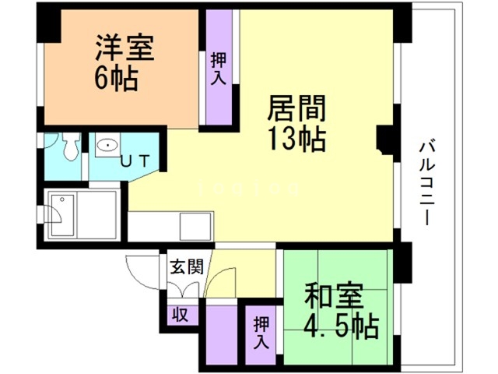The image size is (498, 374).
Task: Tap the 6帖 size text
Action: pyautogui.click(x=116, y=78)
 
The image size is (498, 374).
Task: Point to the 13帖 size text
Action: pyautogui.click(x=296, y=140)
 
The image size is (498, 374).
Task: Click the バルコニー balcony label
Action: pyautogui.click(x=426, y=184)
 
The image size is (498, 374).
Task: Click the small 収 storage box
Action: pyautogui.click(x=180, y=315)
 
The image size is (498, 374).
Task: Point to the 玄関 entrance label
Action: pyautogui.click(x=187, y=268)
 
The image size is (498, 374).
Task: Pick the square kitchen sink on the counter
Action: pyautogui.click(x=194, y=226)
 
